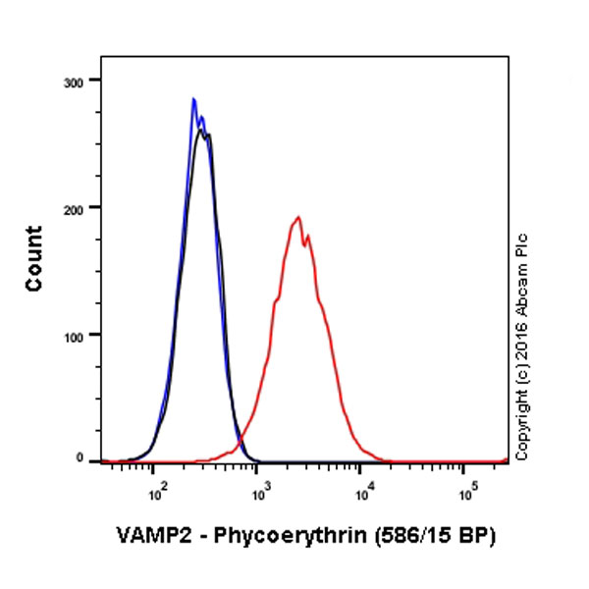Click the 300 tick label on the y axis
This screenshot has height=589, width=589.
click(x=75, y=80)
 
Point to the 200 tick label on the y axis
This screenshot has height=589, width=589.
click(x=75, y=207)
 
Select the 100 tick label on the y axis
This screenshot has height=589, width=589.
click(x=75, y=335)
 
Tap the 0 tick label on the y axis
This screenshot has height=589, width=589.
click(x=81, y=458)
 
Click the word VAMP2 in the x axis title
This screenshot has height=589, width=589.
click(x=146, y=537)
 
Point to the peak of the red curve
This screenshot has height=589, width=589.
click(x=297, y=217)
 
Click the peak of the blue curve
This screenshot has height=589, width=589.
click(x=193, y=98)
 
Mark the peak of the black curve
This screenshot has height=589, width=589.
click(x=201, y=130)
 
